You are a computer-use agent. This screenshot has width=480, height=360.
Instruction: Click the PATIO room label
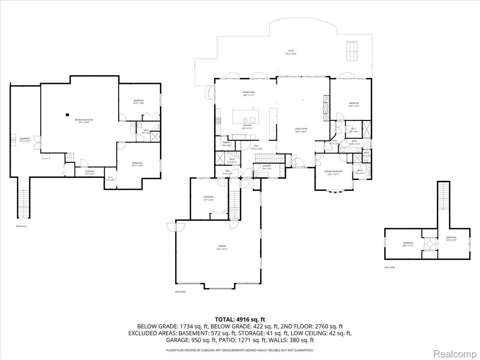click(x=291, y=51)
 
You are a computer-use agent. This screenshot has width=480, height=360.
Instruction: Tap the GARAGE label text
click(x=222, y=246)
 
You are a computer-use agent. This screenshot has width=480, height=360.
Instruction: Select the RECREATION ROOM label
click(x=86, y=120)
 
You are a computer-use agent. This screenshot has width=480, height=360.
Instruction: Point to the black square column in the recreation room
click(x=67, y=115)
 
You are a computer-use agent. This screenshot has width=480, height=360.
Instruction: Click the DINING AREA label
click(x=249, y=92)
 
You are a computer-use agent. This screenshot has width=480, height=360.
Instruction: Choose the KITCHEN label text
click(x=247, y=125)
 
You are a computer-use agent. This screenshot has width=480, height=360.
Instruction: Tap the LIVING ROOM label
click(x=301, y=129)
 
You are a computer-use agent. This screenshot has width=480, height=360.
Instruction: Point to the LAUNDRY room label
click(x=267, y=166)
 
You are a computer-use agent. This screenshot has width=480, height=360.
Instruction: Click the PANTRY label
click(x=226, y=142)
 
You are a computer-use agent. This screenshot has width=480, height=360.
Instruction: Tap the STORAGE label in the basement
click(x=89, y=171)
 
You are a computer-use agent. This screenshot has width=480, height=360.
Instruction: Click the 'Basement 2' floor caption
click(x=21, y=226)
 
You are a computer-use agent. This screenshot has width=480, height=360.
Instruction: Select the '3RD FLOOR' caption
click(x=389, y=267)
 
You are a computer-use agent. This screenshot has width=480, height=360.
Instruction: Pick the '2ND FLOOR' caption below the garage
click(x=180, y=292)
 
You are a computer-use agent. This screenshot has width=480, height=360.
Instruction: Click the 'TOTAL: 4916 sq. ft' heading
click(x=240, y=319)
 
